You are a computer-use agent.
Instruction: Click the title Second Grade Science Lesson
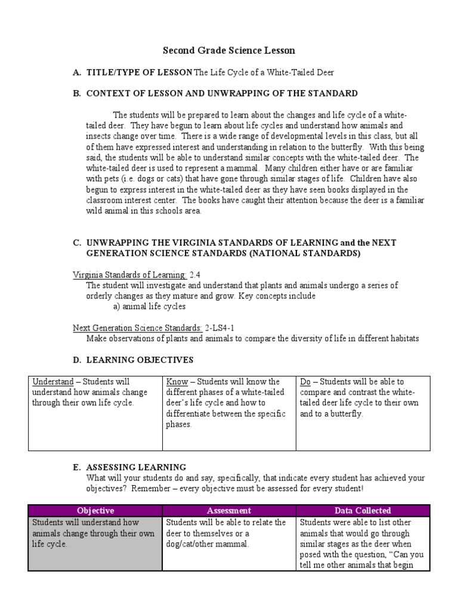230,51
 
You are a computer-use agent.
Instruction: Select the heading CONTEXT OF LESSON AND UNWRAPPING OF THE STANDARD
222,93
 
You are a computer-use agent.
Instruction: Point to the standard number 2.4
195,274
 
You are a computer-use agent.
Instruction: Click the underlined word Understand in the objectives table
52,382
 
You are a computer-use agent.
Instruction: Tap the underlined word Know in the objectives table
178,382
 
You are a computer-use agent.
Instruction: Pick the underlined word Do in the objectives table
305,382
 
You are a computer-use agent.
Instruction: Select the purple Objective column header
95,511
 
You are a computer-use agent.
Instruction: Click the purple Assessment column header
229,511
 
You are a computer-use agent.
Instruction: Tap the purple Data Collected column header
363,511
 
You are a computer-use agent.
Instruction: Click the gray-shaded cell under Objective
95,543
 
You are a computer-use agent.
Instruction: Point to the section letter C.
76,243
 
